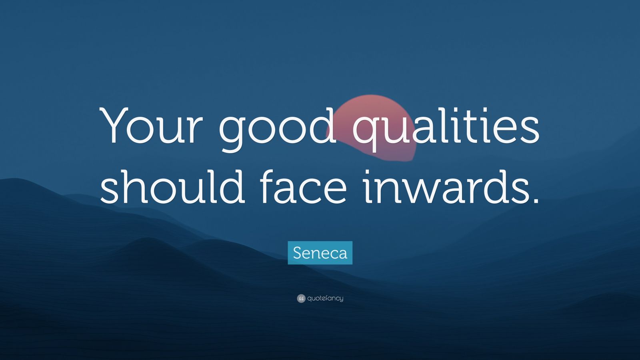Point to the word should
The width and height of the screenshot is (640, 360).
pos(172,184)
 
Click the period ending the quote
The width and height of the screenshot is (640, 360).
pos(534,200)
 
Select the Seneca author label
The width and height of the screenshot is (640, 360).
pos(320,253)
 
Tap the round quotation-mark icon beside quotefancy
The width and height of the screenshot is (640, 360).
pos(301,298)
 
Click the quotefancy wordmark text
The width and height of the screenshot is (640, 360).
pos(325,298)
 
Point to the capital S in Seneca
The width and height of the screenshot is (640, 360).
pos(298,253)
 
